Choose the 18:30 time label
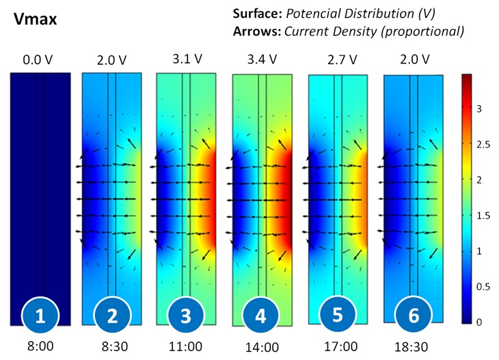tap(414, 346)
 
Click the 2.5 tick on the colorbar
tap(484, 143)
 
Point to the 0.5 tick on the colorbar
tap(484, 286)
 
